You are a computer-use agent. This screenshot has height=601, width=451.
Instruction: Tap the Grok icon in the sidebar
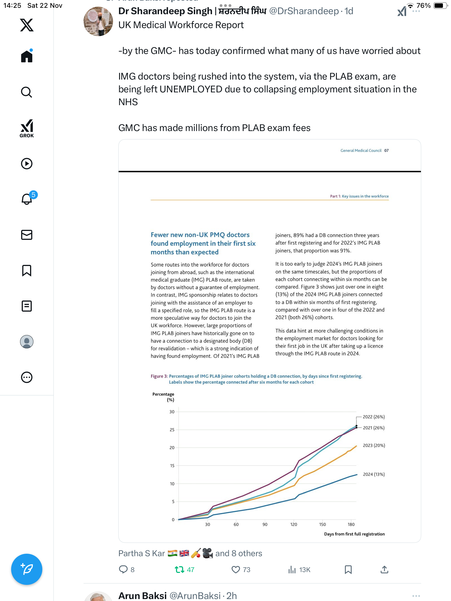27,128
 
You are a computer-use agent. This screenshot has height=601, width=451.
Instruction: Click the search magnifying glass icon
27,92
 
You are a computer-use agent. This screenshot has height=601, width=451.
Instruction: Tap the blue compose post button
27,569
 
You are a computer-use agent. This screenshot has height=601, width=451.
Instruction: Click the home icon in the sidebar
27,56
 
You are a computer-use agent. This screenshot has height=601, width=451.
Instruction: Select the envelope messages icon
27,235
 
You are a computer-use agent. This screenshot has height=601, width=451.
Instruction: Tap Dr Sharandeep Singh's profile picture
98,21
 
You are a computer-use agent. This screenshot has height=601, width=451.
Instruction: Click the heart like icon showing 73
236,570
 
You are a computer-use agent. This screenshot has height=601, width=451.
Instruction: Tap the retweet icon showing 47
180,570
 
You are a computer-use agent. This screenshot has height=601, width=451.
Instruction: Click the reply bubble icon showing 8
123,570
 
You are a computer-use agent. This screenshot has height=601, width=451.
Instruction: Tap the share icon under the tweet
384,570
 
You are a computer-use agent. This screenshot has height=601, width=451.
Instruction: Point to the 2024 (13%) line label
374,474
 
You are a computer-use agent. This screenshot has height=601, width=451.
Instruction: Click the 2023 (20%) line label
374,445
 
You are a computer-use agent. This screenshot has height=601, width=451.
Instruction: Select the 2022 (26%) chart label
374,417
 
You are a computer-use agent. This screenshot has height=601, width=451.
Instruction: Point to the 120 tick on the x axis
294,524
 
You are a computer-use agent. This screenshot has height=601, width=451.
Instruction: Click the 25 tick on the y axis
172,430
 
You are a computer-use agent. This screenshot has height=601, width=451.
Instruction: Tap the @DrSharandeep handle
304,11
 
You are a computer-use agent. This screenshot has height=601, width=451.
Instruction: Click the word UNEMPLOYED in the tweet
191,89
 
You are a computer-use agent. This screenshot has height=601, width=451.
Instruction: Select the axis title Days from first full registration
354,534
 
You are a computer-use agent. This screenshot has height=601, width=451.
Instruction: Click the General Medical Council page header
361,151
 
